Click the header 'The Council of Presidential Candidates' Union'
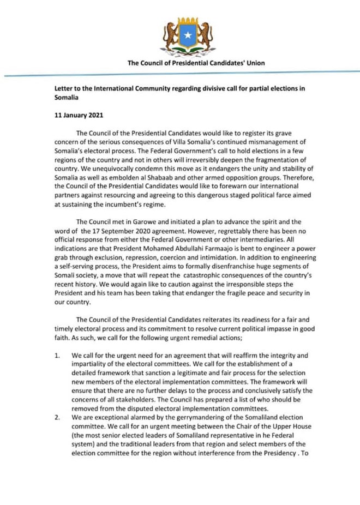coord(196,63)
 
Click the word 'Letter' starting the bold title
coord(65,87)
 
